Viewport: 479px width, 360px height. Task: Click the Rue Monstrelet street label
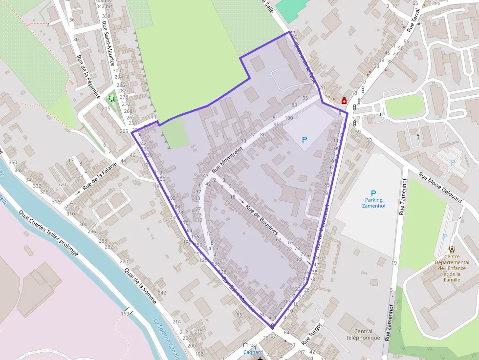pyautogui.click(x=228, y=158)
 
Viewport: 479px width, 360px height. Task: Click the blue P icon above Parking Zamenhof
pyautogui.click(x=373, y=193)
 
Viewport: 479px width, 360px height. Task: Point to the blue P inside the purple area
pyautogui.click(x=305, y=140)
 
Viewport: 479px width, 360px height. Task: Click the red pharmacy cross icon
pyautogui.click(x=344, y=101)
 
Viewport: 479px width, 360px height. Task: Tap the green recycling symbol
pyautogui.click(x=112, y=98)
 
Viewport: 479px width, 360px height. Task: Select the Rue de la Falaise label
pyautogui.click(x=100, y=176)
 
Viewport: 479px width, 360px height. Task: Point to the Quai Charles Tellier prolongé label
pyautogui.click(x=48, y=233)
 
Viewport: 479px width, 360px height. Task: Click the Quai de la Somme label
pyautogui.click(x=140, y=286)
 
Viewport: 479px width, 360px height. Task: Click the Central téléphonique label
pyautogui.click(x=363, y=335)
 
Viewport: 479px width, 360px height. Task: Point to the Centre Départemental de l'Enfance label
pyautogui.click(x=452, y=268)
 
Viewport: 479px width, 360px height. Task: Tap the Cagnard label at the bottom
pyautogui.click(x=253, y=352)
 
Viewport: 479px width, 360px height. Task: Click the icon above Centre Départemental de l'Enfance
pyautogui.click(x=452, y=249)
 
